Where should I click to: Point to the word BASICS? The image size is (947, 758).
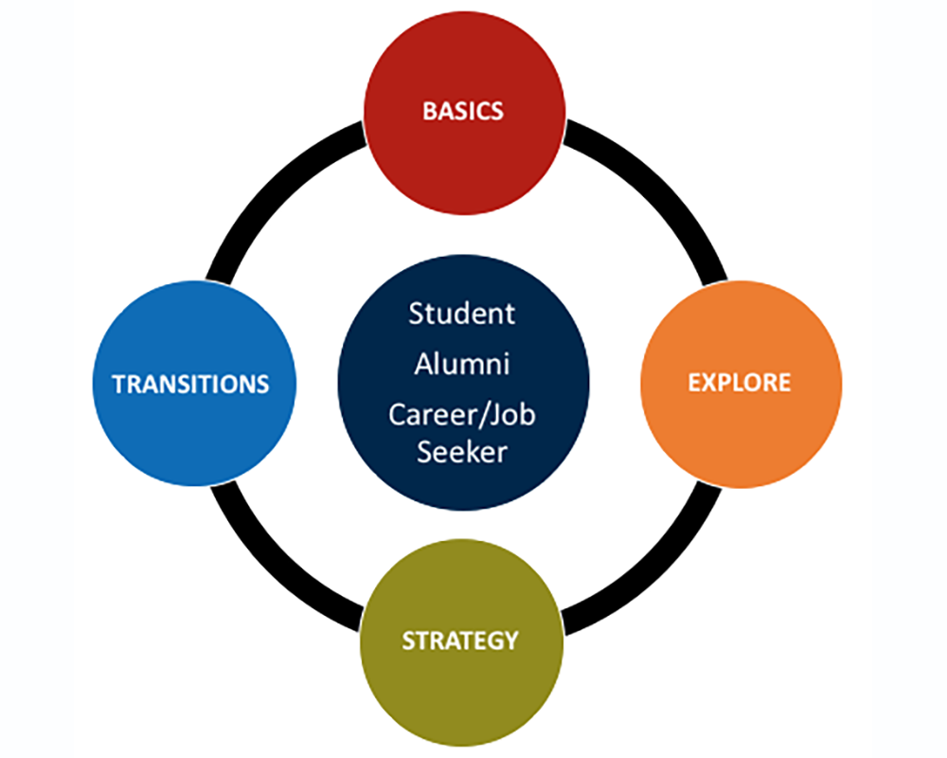coord(463,110)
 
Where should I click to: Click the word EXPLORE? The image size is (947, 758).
coord(740,383)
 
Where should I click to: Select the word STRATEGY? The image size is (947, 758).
coord(460,641)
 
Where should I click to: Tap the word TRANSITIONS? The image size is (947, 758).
coord(190,384)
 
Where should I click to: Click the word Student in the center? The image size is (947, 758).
coord(462,314)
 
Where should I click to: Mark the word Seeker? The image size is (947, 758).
coord(462,452)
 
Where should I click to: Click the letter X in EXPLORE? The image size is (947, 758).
coord(707,383)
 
